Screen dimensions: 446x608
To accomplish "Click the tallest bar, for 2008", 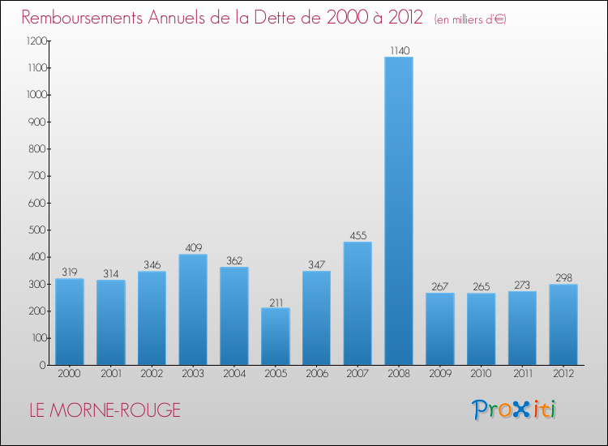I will coord(399,211).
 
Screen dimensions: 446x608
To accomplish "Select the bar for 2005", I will coord(275,337).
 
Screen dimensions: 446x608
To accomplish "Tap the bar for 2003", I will coord(193,310).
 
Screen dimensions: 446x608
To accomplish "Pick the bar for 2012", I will coord(563,324).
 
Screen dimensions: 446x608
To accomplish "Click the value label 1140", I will coord(399,50).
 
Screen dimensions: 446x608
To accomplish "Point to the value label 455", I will coord(358,235).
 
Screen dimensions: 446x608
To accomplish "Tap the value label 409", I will coord(193,247).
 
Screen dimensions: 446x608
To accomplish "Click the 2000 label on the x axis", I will coord(69,375).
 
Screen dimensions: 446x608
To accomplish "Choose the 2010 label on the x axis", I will coord(482,375).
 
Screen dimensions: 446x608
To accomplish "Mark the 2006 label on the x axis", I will coord(316,375).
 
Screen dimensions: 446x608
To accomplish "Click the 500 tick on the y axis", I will coord(36,230).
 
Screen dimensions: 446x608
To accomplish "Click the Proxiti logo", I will coord(514,410).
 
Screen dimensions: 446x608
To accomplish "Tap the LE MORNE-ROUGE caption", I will coord(105,410).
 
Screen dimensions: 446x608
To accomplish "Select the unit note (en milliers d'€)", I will coord(470,19).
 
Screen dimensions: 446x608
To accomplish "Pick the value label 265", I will coord(482,286).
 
